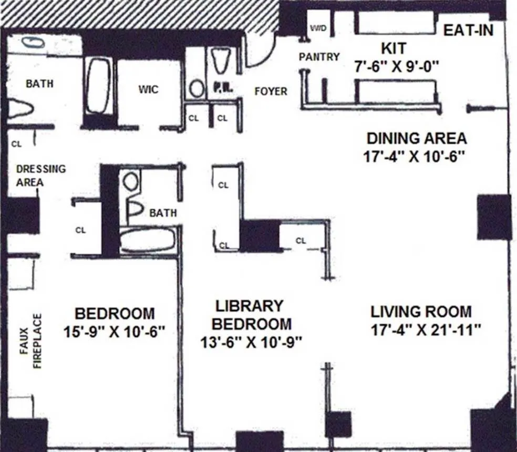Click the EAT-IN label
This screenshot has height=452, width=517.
[x=469, y=30]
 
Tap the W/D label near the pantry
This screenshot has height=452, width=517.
[x=318, y=28]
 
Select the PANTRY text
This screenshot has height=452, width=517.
[x=319, y=57]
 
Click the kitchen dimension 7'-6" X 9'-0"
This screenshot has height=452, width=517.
[x=397, y=67]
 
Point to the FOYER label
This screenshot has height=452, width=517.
[x=271, y=91]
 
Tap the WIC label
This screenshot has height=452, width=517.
[x=148, y=89]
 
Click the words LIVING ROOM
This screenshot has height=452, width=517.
[x=421, y=311]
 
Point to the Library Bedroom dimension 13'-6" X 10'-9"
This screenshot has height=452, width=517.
[x=252, y=343]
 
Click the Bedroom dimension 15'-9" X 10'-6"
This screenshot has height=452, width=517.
[x=115, y=332]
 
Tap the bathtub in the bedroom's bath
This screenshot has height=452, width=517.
[x=147, y=240]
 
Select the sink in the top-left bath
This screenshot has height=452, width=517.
[x=33, y=43]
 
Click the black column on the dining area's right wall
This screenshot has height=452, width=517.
[x=494, y=217]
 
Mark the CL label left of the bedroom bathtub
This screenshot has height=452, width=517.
[x=80, y=230]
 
